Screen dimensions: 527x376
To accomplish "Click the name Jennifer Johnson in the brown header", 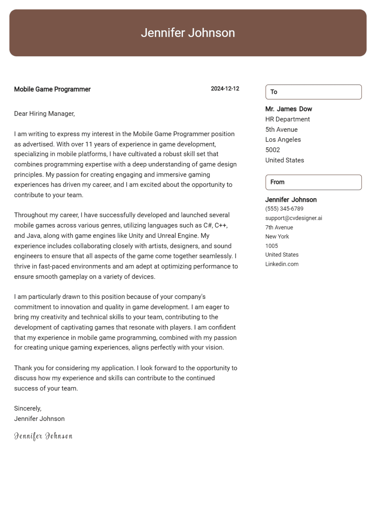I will click(188, 33).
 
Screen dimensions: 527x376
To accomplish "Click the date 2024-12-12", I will click(225, 89).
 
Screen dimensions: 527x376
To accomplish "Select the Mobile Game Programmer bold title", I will click(52, 89).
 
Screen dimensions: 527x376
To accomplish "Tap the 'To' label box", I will click(313, 92).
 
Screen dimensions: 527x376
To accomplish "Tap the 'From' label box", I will click(313, 182).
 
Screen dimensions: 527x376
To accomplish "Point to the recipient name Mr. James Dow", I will click(288, 109).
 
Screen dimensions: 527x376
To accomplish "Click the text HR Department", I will click(287, 119).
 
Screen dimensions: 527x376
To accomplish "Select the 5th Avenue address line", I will click(281, 130).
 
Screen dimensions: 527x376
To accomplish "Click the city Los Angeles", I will click(283, 140).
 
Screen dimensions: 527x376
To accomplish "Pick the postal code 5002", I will click(273, 150).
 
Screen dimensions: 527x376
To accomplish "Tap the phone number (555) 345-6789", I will click(284, 209).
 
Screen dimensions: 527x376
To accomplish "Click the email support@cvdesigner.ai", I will click(294, 218).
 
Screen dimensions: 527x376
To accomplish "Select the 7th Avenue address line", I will click(279, 227).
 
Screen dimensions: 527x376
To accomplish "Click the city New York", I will click(277, 237).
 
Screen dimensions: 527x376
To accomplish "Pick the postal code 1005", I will click(272, 246).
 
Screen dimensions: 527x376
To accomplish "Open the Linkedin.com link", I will click(282, 264).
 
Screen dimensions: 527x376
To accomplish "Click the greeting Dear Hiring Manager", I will click(44, 114).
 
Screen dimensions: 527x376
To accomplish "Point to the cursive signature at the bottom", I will click(43, 436).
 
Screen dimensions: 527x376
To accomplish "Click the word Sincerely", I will click(27, 408).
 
